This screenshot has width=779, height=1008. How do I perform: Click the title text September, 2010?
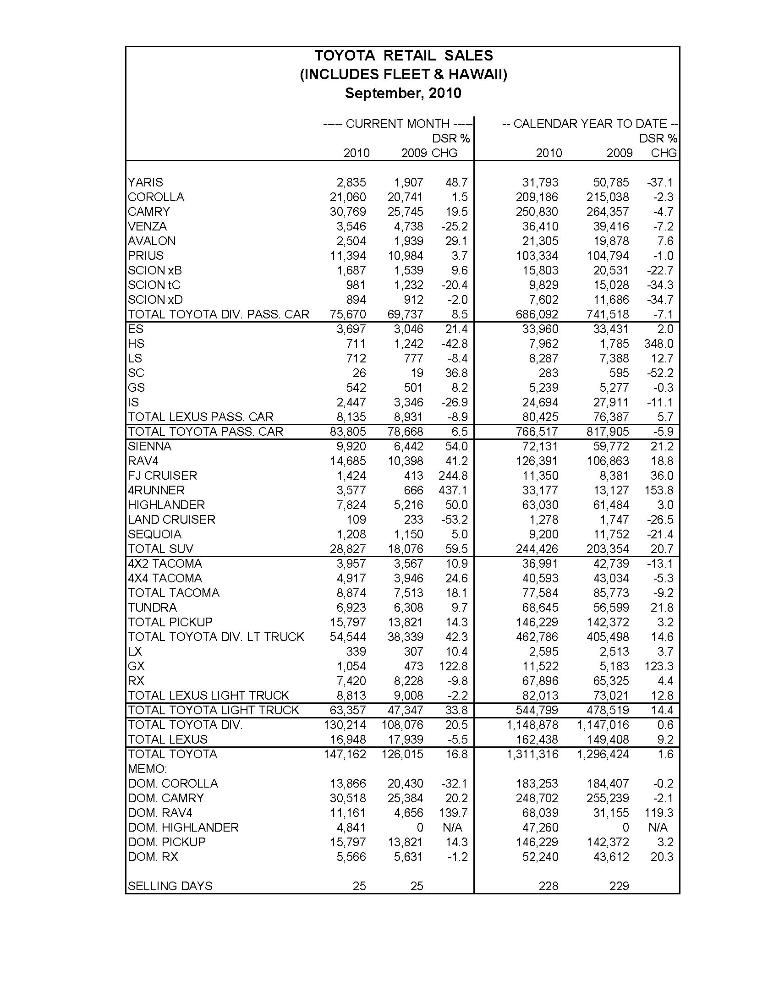(x=403, y=93)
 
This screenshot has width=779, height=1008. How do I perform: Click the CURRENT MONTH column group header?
(x=397, y=124)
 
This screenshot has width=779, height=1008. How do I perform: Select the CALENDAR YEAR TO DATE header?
(x=589, y=124)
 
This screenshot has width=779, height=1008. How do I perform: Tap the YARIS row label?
(x=145, y=182)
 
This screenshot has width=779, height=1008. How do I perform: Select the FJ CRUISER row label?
(x=163, y=476)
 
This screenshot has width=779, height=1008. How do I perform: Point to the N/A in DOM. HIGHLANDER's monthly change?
(x=452, y=827)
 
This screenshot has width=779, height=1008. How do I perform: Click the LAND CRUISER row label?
(x=172, y=520)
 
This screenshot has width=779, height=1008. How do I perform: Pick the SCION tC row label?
(x=154, y=285)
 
